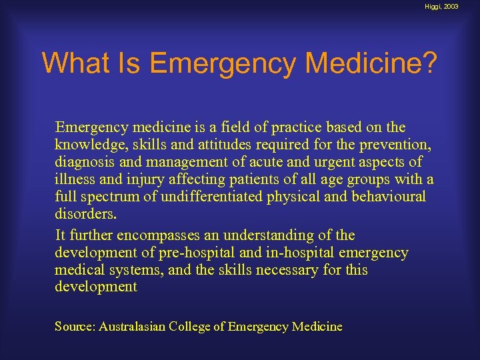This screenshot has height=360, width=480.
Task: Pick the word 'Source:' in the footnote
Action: (x=75, y=327)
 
